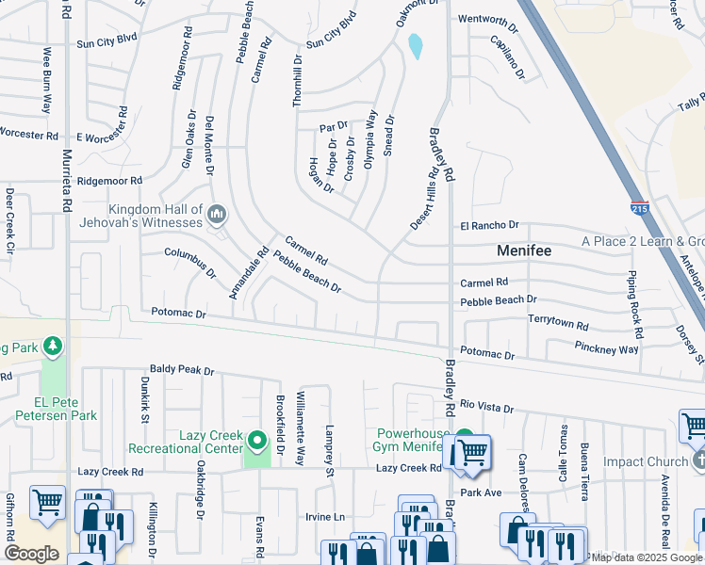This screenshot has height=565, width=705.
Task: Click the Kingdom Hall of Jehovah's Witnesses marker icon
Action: (216, 216)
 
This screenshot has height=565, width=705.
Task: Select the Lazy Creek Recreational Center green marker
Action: (256, 441)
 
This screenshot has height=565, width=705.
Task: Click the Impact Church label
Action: (646, 461)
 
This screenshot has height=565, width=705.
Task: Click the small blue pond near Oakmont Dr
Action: (415, 45)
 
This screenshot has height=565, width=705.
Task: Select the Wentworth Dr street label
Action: (487, 20)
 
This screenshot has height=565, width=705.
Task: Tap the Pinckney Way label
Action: (606, 349)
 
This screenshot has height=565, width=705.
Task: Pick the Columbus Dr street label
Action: (190, 263)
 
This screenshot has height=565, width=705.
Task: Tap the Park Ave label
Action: (482, 492)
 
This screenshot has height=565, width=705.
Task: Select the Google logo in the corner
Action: (32, 553)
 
